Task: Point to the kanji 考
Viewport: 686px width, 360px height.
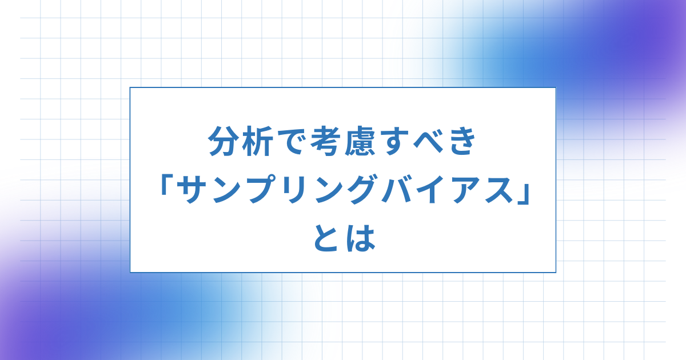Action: [x=326, y=141]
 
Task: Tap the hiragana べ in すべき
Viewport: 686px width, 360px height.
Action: [x=429, y=142]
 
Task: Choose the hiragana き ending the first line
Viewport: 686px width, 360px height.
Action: [x=461, y=141]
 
